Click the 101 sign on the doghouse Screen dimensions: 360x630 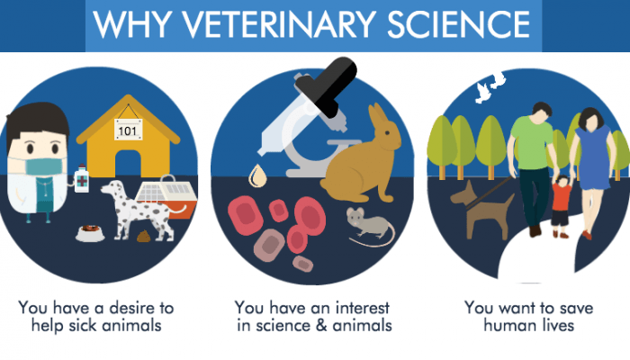[x=129, y=131]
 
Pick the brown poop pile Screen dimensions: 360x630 [x=143, y=237]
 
